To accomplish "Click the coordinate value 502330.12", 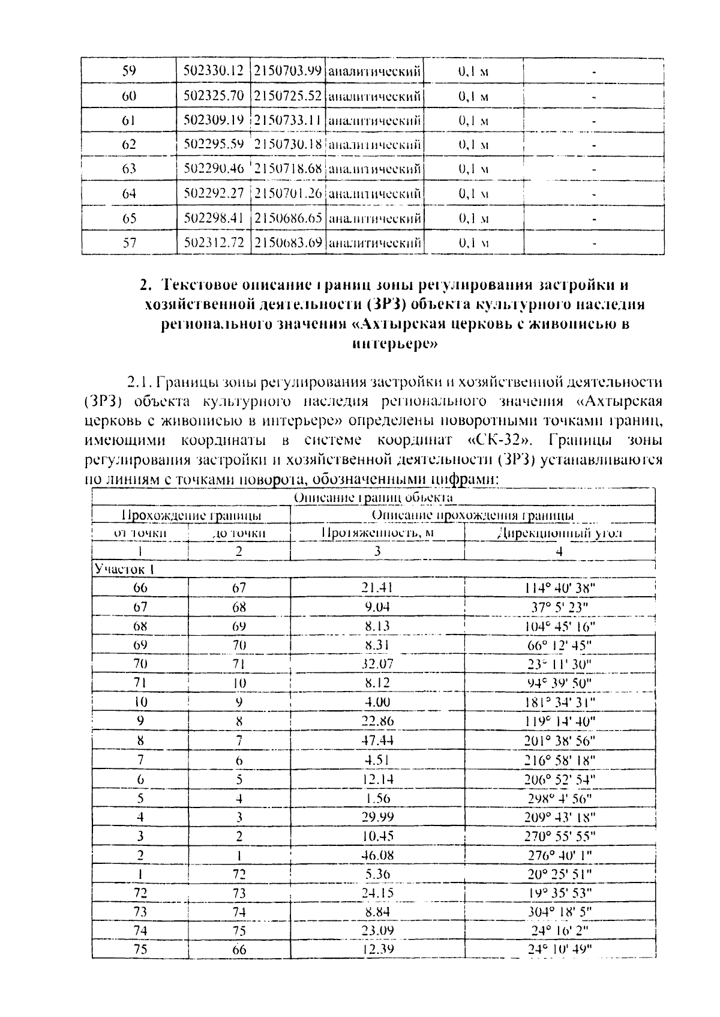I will pos(213,71).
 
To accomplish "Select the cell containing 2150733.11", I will pos(288,120).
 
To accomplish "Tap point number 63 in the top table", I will pos(129,169).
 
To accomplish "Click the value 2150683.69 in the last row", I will pos(288,243).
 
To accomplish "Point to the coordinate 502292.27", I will pos(213,193).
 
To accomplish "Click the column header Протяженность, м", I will pos(377,533).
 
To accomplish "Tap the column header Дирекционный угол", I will pos(559,533).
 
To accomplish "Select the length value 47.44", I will pos(377,741).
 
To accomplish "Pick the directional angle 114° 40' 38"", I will pos(559,588).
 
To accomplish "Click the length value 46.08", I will pos(377,855).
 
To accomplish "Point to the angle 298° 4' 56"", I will pos(559,798).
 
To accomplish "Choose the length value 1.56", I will pos(377,798).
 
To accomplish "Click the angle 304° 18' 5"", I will pos(559,912).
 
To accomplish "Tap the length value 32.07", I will pos(377,664).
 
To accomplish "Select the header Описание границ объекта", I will pos(373,497).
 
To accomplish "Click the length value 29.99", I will pos(377,817).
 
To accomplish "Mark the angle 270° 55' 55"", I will pos(559,836).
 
